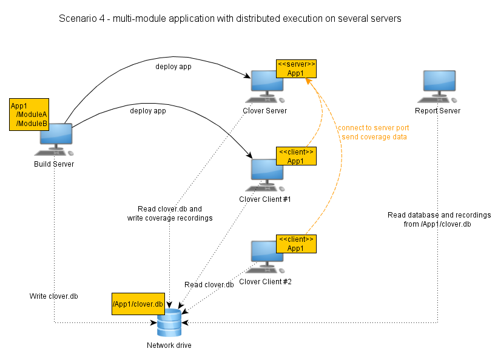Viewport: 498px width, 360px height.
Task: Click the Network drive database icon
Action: click(169, 322)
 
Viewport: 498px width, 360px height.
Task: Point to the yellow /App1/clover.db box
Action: click(138, 304)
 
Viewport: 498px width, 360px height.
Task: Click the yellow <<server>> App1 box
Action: click(295, 68)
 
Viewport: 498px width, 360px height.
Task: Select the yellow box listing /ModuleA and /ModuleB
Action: click(29, 114)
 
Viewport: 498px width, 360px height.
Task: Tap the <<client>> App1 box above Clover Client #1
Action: click(295, 156)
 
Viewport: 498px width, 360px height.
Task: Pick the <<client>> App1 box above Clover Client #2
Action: click(295, 244)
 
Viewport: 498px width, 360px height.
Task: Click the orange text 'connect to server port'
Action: click(373, 128)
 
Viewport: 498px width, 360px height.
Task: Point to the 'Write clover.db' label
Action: click(54, 296)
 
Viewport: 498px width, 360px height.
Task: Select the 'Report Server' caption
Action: click(437, 111)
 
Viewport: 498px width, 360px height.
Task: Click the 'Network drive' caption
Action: click(169, 345)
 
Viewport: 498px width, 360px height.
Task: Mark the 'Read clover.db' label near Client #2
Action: click(209, 285)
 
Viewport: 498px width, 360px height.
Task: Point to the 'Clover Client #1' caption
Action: click(265, 199)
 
